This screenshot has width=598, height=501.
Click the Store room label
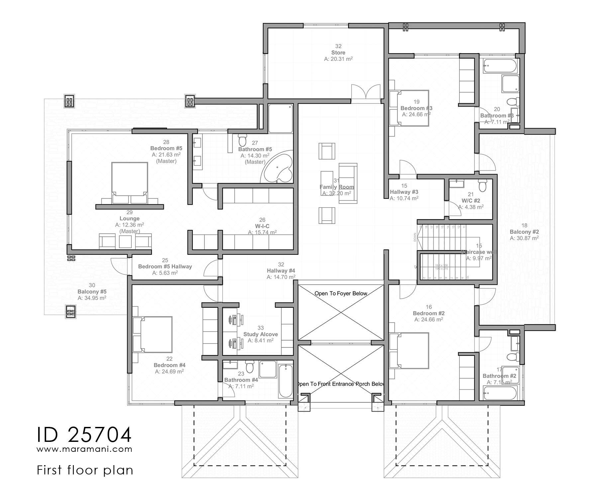pos(338,52)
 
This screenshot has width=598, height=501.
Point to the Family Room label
pos(337,187)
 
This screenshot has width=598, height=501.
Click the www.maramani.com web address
pos(84,449)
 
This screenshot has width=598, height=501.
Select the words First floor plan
pos(85,470)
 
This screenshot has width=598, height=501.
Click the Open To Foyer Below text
pos(341,293)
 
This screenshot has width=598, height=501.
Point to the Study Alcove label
pos(260,334)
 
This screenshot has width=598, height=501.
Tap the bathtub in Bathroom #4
pos(285,381)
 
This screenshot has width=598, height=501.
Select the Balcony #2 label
pos(524,232)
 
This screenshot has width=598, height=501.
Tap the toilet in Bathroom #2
pos(513,357)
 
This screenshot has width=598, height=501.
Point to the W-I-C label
pos(262,226)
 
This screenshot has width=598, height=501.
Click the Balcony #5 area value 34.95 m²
pos(92,298)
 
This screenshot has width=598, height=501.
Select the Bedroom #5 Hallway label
pos(165,266)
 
